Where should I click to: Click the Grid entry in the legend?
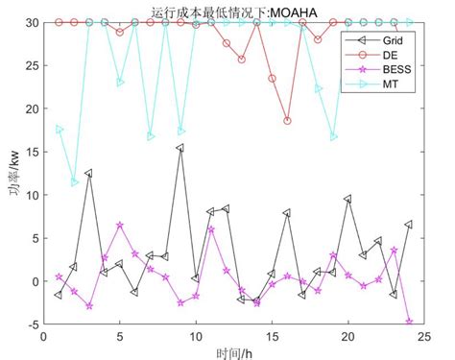point(378,41)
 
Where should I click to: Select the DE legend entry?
point(375,58)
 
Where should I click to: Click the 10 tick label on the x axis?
point(195,337)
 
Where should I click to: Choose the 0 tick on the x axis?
point(43,337)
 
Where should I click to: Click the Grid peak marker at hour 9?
point(180,148)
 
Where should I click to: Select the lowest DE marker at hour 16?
point(287,121)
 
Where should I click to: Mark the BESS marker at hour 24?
point(409,322)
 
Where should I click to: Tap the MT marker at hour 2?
point(74,182)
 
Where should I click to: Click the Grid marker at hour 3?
point(89,174)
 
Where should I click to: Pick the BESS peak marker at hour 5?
point(120,225)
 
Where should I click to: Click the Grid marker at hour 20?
point(347,199)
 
